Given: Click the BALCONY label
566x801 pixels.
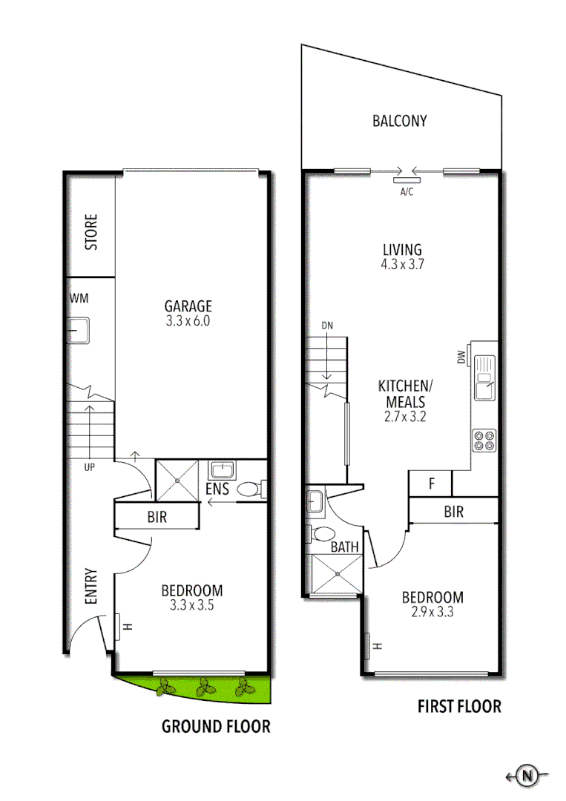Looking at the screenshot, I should (x=399, y=121).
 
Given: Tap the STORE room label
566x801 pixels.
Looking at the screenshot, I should (x=91, y=232).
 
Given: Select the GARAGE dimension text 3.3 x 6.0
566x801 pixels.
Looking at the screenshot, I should (x=188, y=322).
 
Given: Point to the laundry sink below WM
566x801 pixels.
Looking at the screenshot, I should (x=79, y=330).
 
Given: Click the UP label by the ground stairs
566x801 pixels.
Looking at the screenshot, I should (x=89, y=467).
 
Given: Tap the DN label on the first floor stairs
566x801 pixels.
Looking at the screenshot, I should (x=327, y=325).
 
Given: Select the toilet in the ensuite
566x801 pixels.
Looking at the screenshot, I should (x=251, y=489).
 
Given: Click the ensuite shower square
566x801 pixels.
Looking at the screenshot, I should (x=178, y=479).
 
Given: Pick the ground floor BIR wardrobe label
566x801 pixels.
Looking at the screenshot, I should (x=157, y=517).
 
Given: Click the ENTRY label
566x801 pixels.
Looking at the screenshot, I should (x=91, y=587).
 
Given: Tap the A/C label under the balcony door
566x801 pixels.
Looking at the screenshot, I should (x=407, y=192).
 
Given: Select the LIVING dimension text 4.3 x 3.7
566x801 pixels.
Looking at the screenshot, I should (x=402, y=263).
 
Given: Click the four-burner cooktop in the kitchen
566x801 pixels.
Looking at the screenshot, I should (x=484, y=441).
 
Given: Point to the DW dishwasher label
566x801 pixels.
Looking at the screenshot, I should (x=461, y=357).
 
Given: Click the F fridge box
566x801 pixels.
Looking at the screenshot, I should (x=430, y=484).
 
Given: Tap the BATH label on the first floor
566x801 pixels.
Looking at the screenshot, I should (x=344, y=547).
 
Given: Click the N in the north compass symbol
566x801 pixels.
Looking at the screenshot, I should (x=527, y=777).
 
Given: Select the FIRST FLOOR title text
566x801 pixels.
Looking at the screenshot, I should (x=460, y=706).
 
